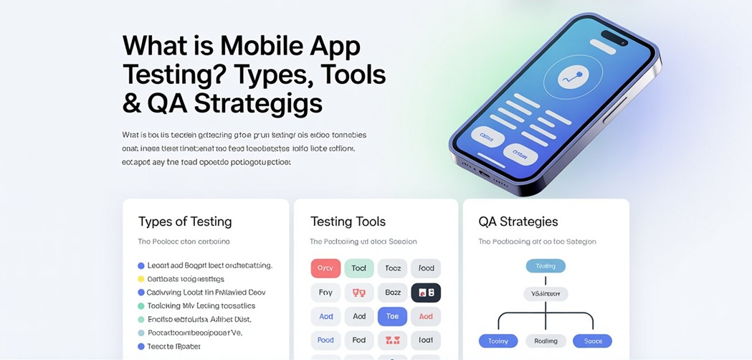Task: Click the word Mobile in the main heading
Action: (261, 46)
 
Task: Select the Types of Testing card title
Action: (185, 222)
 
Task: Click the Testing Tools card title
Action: (348, 222)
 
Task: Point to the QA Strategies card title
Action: (518, 222)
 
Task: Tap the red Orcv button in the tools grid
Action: (325, 268)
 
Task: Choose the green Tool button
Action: (359, 268)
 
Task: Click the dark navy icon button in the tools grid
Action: (426, 293)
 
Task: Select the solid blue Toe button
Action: (392, 316)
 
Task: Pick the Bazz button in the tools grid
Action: (392, 293)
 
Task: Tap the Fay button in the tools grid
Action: (325, 293)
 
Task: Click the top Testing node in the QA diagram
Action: (546, 266)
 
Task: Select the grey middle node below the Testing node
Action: (546, 294)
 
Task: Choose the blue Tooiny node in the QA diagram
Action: (498, 341)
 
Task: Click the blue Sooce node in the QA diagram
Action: (593, 341)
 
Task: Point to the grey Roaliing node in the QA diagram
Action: (546, 341)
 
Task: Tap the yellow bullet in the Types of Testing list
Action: (141, 279)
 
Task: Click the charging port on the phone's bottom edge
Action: (485, 174)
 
